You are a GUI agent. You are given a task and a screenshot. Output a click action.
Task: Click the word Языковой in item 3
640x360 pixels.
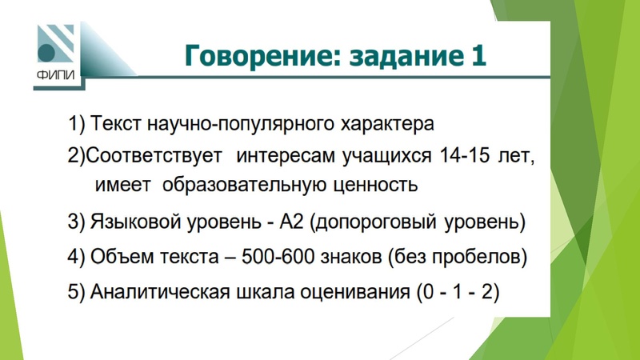130,222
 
